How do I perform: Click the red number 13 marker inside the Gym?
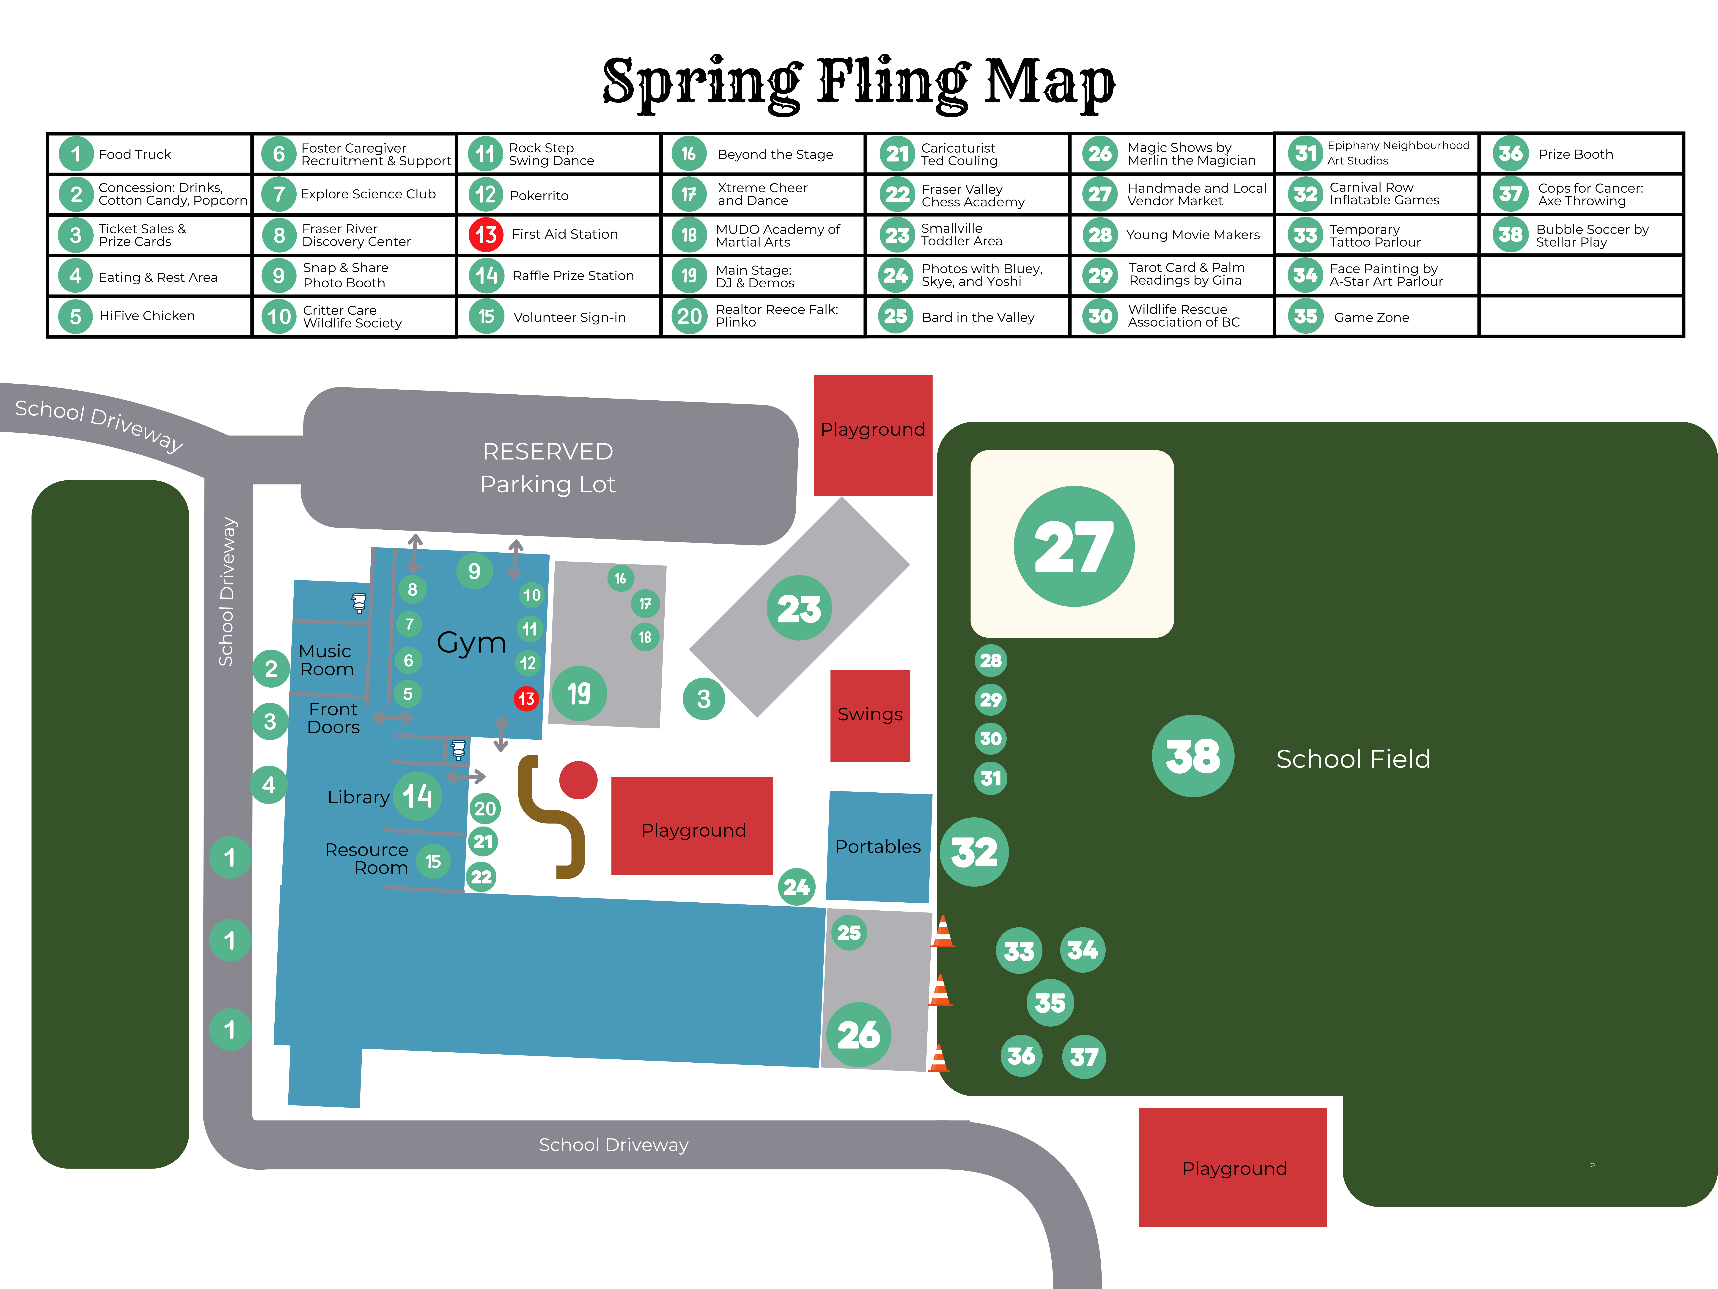(526, 699)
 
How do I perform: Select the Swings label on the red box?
(870, 714)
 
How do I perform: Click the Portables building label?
(878, 846)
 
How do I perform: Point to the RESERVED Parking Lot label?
(548, 467)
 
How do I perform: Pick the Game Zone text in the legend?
(1372, 317)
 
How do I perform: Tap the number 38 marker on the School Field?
(1193, 755)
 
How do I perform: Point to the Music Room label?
(326, 660)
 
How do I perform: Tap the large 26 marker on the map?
(858, 1035)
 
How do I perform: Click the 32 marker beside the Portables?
(974, 852)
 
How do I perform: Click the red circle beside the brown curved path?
(578, 779)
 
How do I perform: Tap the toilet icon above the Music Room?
(359, 603)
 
